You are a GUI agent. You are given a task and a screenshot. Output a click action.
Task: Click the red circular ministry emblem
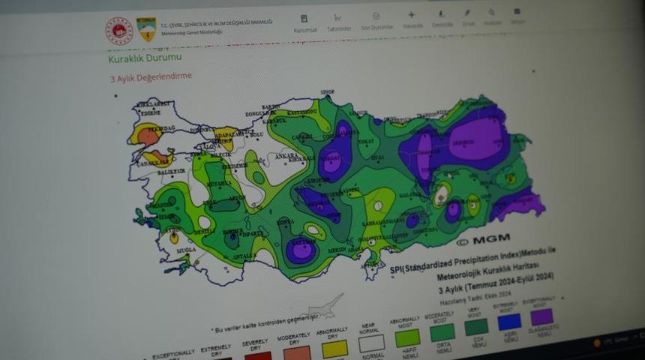(118, 30)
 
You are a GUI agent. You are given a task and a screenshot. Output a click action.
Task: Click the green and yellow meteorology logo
(146, 31)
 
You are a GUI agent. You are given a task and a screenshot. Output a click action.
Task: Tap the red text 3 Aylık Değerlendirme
(150, 76)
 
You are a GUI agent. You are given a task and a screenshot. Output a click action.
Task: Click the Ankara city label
(288, 157)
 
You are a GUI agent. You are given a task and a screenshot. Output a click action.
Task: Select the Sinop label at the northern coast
(327, 92)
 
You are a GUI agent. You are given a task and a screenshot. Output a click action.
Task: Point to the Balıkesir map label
(171, 171)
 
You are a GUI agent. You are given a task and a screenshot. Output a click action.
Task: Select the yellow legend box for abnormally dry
(334, 347)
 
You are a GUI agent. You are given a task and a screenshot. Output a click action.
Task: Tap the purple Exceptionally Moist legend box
(541, 316)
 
